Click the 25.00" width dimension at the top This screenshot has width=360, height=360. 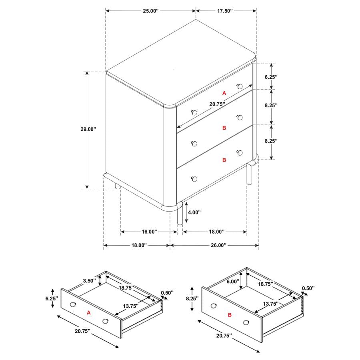151,11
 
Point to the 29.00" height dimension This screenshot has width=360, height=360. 88,129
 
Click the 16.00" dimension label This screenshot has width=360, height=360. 149,232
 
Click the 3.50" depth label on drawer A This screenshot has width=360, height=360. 90,281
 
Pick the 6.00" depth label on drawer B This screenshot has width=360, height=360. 232,281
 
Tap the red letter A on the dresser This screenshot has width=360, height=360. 224,93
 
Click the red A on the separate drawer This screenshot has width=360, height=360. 89,313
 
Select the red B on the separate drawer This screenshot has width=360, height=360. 230,315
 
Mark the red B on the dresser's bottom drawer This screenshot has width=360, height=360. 224,160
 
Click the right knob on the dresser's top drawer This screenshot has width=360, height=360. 240,86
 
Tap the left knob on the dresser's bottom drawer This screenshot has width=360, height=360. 194,178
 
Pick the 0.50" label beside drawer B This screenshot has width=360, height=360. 308,288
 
